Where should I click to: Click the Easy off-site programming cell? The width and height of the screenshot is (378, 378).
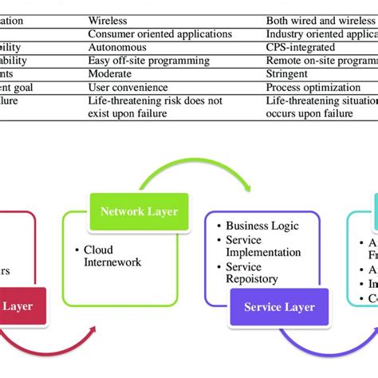[x=148, y=61]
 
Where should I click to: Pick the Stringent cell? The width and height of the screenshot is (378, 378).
[x=290, y=73]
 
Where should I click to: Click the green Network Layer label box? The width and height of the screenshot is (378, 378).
[x=140, y=211]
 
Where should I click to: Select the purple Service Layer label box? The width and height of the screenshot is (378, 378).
[x=279, y=307]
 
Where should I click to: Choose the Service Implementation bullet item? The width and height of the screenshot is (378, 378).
[x=263, y=246]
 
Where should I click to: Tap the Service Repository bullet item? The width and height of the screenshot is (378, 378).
[x=255, y=274]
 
